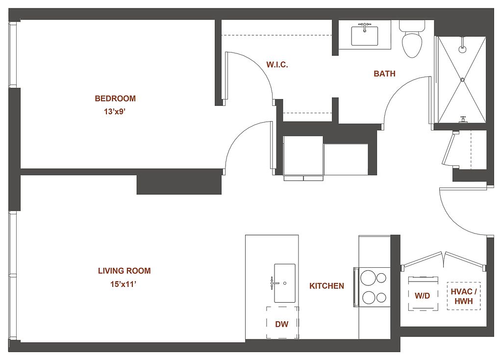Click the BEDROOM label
pos(115,98)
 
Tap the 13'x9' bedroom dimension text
pos(114,112)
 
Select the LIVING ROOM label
pos(124,271)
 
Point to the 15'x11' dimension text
pos(124,284)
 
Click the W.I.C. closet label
pos(277,65)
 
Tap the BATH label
pos(384,74)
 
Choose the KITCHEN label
pos(326,285)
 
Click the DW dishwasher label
pos(282,324)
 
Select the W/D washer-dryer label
pos(422,296)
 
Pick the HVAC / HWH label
pos(464,296)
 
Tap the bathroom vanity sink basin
pos(365,36)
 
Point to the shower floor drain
pos(462,79)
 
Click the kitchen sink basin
pos(285,283)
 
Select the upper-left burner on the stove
pos(368,278)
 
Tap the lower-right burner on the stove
pos(381,298)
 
